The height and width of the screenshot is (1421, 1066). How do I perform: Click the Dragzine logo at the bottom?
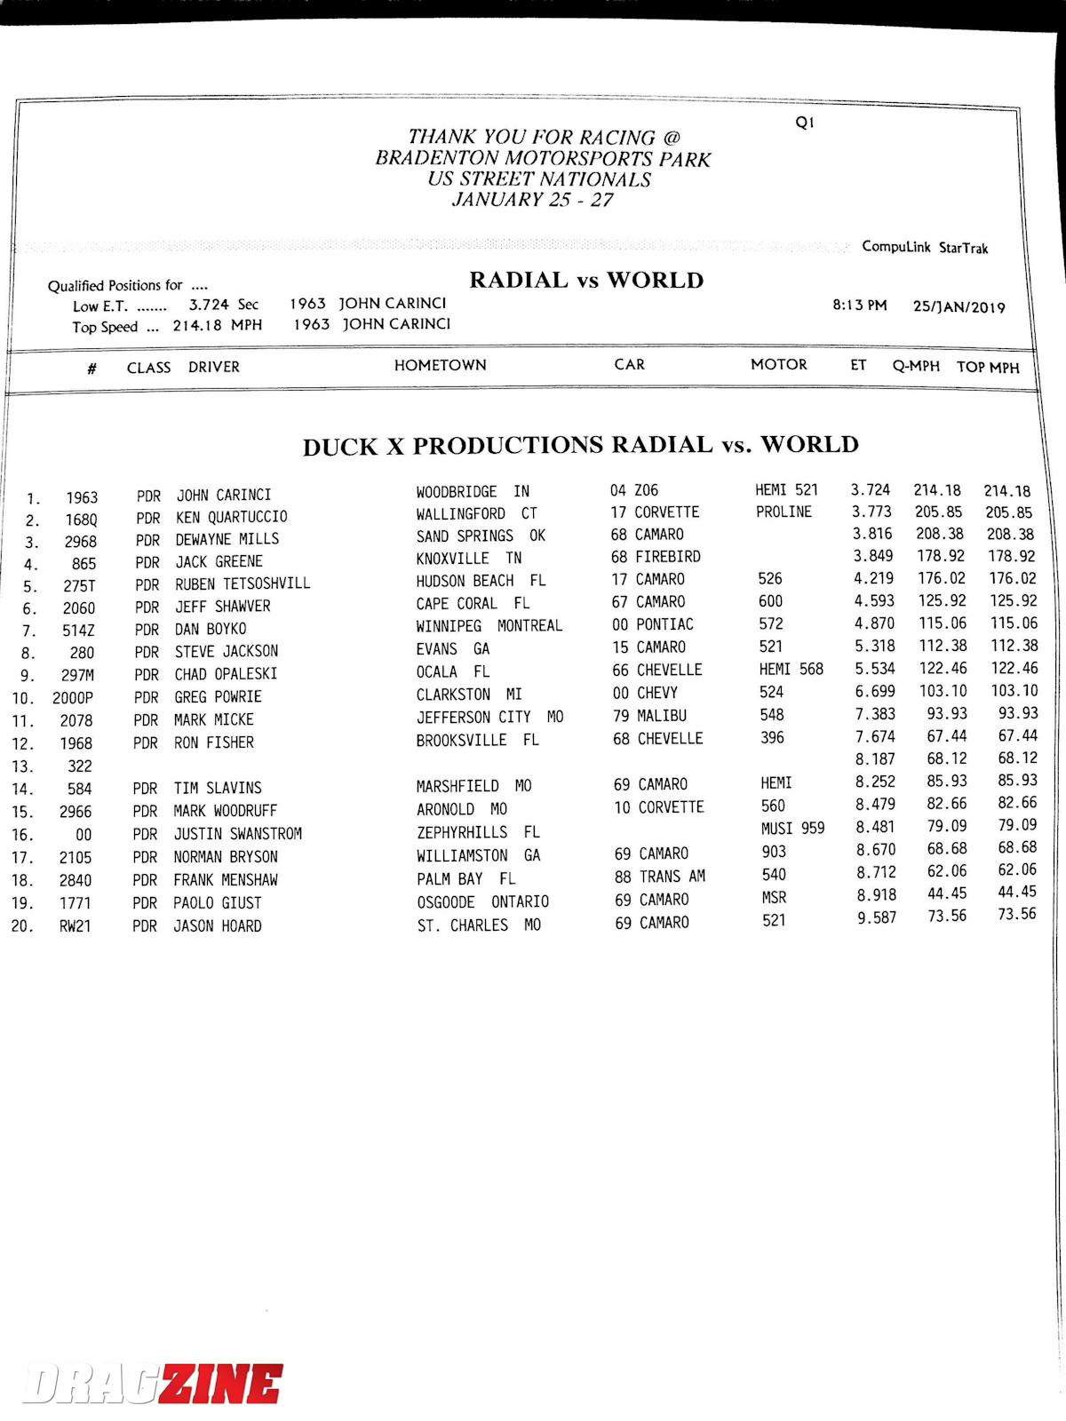coord(153,1384)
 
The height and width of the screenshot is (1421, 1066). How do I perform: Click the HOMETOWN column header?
coord(441,365)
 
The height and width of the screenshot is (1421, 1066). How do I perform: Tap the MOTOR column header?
coord(778,364)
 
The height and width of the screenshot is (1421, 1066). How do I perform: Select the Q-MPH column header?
coord(916,366)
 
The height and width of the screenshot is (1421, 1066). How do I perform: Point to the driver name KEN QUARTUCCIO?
coord(231,517)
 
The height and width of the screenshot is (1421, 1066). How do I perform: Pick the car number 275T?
coord(79,586)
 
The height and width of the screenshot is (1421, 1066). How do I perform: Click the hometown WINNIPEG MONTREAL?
coord(489,625)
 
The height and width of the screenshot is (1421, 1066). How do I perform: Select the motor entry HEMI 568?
coord(791,669)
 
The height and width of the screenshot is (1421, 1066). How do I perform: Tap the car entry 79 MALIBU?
coord(648,716)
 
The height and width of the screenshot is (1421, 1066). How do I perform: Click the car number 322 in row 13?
coord(79,766)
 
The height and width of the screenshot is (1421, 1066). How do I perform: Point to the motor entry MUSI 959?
coord(792,828)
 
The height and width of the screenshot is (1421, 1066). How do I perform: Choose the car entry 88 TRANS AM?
coord(659,876)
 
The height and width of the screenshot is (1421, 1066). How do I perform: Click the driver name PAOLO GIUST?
coord(218,903)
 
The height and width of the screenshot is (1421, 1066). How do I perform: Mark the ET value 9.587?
coord(876,917)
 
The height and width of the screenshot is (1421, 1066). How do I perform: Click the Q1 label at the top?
coord(804,123)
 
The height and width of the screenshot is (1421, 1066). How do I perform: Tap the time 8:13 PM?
coord(859,306)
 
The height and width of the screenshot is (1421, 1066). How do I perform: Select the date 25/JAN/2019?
coord(959,307)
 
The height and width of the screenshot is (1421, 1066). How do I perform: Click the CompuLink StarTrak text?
coord(924,247)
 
